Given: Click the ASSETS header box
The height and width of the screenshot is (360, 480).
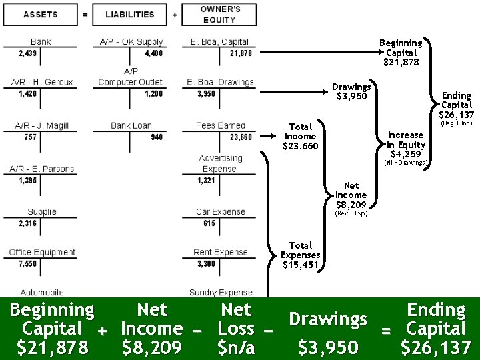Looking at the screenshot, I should (x=41, y=14).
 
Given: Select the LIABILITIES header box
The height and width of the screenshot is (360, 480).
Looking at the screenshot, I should (x=129, y=14).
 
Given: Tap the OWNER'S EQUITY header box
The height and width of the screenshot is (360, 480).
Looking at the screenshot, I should (x=220, y=14).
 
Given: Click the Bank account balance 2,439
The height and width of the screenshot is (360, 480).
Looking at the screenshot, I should (x=28, y=53).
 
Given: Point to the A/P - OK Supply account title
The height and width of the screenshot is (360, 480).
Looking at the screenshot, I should (x=131, y=42).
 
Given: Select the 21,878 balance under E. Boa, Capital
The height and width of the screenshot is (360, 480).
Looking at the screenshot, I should (x=241, y=53).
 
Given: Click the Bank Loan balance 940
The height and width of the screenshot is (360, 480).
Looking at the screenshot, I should (x=157, y=137).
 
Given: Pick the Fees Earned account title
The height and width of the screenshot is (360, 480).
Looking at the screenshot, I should (x=221, y=125).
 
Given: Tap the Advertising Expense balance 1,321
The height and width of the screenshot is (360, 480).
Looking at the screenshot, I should (x=206, y=181).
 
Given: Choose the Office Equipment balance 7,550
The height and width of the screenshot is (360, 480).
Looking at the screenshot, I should (x=28, y=264).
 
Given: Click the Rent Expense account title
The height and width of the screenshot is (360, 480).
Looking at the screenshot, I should (x=221, y=252).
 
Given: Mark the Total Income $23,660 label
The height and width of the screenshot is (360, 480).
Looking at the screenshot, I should (x=301, y=136).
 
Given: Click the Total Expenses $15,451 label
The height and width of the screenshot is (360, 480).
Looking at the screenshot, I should (x=301, y=255).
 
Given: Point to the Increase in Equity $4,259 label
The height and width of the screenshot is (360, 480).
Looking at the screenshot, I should (x=406, y=144).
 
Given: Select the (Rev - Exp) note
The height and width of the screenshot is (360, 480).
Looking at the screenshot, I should (x=351, y=213).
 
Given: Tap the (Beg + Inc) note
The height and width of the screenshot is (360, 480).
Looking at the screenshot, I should (x=456, y=123).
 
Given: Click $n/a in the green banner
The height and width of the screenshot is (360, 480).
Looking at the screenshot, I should (x=236, y=347).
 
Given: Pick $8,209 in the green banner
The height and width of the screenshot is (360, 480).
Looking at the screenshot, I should (x=152, y=347).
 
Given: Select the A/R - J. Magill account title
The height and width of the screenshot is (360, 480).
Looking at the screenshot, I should (x=41, y=125).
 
